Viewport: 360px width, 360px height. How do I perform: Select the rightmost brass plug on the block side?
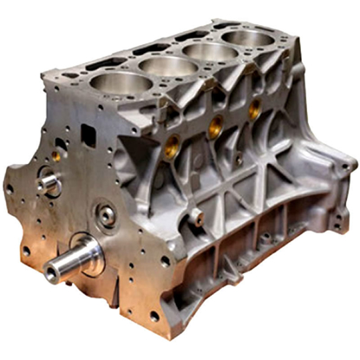pyautogui.click(x=254, y=108)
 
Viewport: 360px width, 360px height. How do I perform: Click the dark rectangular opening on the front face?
pyautogui.click(x=88, y=134)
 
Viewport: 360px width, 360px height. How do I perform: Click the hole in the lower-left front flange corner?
pyautogui.click(x=26, y=251)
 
